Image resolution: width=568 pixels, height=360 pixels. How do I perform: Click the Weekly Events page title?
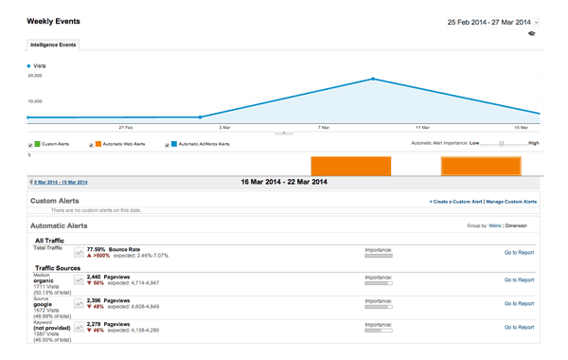[x=53, y=21]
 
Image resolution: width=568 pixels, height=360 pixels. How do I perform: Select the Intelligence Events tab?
[x=53, y=45]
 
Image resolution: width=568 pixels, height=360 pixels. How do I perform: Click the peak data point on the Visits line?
[x=374, y=79]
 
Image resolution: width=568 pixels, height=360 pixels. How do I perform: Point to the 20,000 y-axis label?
[x=35, y=76]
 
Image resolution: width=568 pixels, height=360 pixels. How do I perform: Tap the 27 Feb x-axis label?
[x=126, y=126]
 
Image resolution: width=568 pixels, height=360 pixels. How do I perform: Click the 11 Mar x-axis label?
[x=422, y=126]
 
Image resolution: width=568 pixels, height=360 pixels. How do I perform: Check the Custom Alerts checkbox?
[x=31, y=145]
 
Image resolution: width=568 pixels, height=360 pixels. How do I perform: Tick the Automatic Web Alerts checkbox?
[x=91, y=145]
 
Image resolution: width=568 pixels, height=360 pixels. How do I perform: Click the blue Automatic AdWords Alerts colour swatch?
[x=174, y=144]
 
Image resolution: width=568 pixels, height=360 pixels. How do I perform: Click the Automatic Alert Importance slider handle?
[x=501, y=144]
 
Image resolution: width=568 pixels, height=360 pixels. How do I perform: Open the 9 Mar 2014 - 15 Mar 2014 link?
[x=61, y=182]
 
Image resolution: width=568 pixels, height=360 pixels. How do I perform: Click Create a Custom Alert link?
[x=455, y=202]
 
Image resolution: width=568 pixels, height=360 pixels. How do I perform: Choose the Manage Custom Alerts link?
[x=511, y=202]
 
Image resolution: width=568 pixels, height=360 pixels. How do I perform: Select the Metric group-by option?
[x=495, y=226]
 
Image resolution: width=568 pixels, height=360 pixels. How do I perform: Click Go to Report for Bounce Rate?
[x=519, y=253]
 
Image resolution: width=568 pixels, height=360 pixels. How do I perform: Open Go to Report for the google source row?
[x=519, y=304]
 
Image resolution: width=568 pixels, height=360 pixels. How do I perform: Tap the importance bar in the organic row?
[x=379, y=282]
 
